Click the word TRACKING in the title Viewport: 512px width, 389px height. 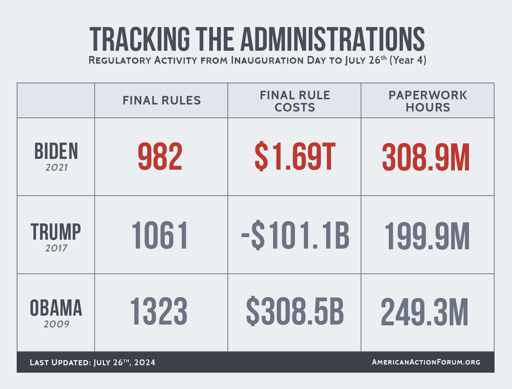[140, 39]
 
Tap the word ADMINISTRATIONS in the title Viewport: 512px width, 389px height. [333, 39]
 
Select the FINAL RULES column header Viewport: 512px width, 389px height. [161, 100]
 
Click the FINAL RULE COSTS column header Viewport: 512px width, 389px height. [295, 101]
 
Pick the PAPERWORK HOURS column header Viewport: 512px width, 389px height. [427, 101]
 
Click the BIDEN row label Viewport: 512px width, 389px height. [56, 151]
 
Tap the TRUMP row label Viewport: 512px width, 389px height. [56, 232]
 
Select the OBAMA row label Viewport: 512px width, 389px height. [56, 308]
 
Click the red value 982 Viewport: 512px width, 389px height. [160, 157]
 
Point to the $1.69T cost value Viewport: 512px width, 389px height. [295, 157]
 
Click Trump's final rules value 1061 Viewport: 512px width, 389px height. [160, 236]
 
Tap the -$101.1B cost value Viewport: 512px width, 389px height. [295, 236]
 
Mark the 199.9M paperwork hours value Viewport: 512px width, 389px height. [427, 236]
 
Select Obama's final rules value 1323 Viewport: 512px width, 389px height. [159, 312]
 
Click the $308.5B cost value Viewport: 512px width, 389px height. [295, 312]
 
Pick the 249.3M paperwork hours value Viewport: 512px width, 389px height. [425, 313]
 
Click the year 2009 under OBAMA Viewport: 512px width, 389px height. [56, 324]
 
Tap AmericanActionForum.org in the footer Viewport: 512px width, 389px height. [426, 362]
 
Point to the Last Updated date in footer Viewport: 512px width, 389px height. [92, 362]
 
